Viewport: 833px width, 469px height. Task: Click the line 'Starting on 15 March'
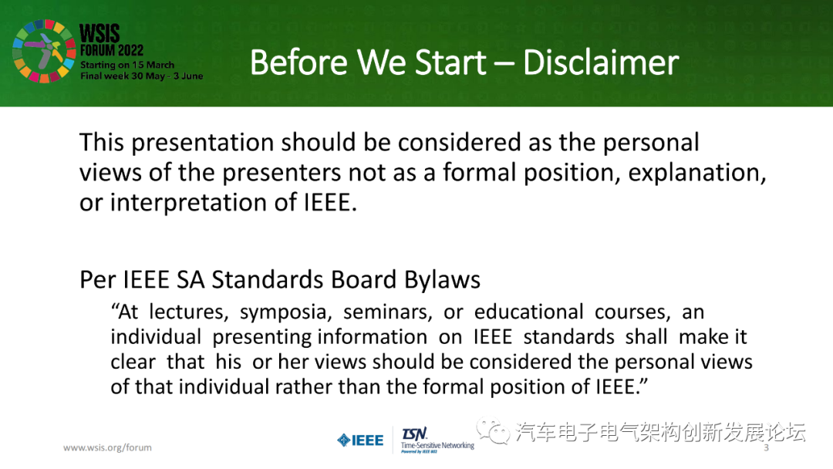127,65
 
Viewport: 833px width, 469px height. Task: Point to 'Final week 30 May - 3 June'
141,76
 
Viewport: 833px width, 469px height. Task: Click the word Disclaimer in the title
601,62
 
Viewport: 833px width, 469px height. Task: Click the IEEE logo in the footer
360,440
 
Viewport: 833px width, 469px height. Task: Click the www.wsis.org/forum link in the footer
107,447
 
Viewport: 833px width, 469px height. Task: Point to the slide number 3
766,448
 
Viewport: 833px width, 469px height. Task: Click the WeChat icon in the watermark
494,432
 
